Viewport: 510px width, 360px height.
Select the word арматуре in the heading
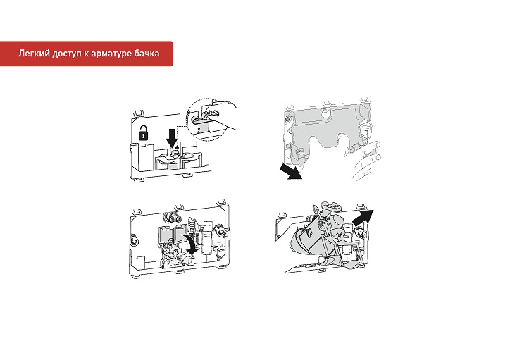pyautogui.click(x=111, y=54)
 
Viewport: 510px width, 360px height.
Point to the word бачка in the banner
pyautogui.click(x=147, y=54)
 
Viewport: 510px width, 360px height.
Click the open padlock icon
pyautogui.click(x=144, y=132)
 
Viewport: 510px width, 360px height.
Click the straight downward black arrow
pyautogui.click(x=172, y=138)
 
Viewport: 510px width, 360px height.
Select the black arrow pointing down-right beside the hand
pyautogui.click(x=291, y=172)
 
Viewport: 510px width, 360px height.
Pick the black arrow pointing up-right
pyautogui.click(x=363, y=218)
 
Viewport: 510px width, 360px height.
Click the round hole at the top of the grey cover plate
pyautogui.click(x=324, y=111)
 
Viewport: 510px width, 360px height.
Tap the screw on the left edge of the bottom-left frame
pyautogui.click(x=134, y=240)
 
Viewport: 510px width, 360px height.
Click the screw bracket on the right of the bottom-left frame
pyautogui.click(x=222, y=231)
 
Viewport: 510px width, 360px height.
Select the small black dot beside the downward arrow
pyautogui.click(x=178, y=147)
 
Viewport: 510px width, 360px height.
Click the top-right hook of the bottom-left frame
pyautogui.click(x=222, y=202)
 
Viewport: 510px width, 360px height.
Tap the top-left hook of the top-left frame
pyautogui.click(x=139, y=113)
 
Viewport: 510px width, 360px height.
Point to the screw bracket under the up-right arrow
pyautogui.click(x=361, y=233)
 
